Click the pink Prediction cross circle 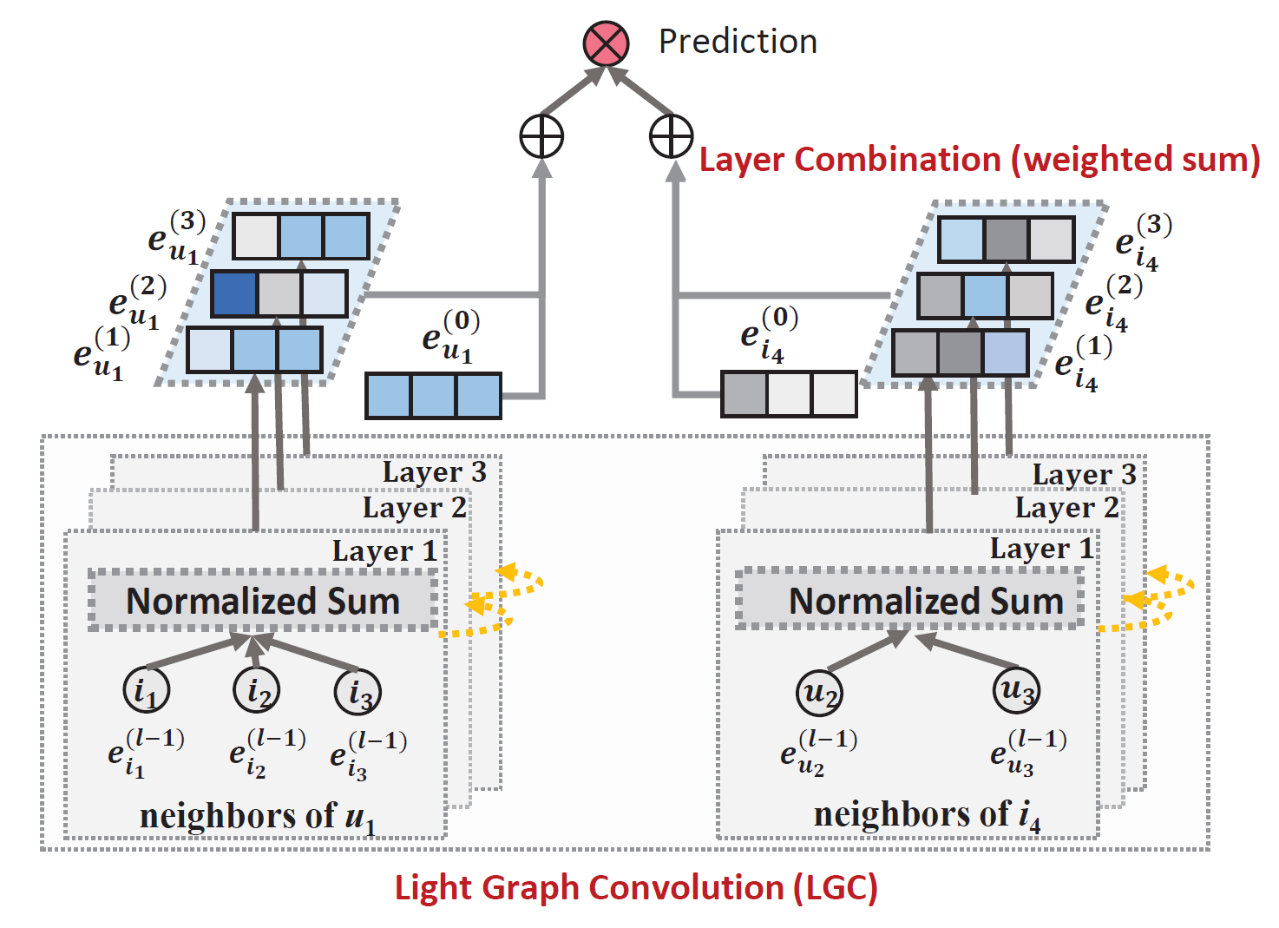click(606, 43)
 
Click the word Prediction click(738, 42)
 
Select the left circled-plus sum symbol click(541, 136)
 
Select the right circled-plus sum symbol click(672, 136)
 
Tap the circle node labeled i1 click(146, 690)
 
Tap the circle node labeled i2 click(256, 690)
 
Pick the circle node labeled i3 click(358, 692)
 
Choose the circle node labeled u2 click(820, 693)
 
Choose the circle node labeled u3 click(1017, 690)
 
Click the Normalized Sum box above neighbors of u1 click(263, 600)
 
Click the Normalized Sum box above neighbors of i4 click(910, 599)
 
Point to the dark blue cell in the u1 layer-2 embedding click(234, 294)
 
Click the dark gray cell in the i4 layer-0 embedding click(744, 394)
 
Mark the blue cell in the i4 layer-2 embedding click(985, 296)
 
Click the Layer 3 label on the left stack click(435, 473)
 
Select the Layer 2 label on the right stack click(1066, 508)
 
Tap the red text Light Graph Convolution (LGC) click(636, 889)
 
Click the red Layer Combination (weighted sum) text click(980, 160)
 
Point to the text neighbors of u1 click(258, 817)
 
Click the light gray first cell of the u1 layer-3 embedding click(256, 236)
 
